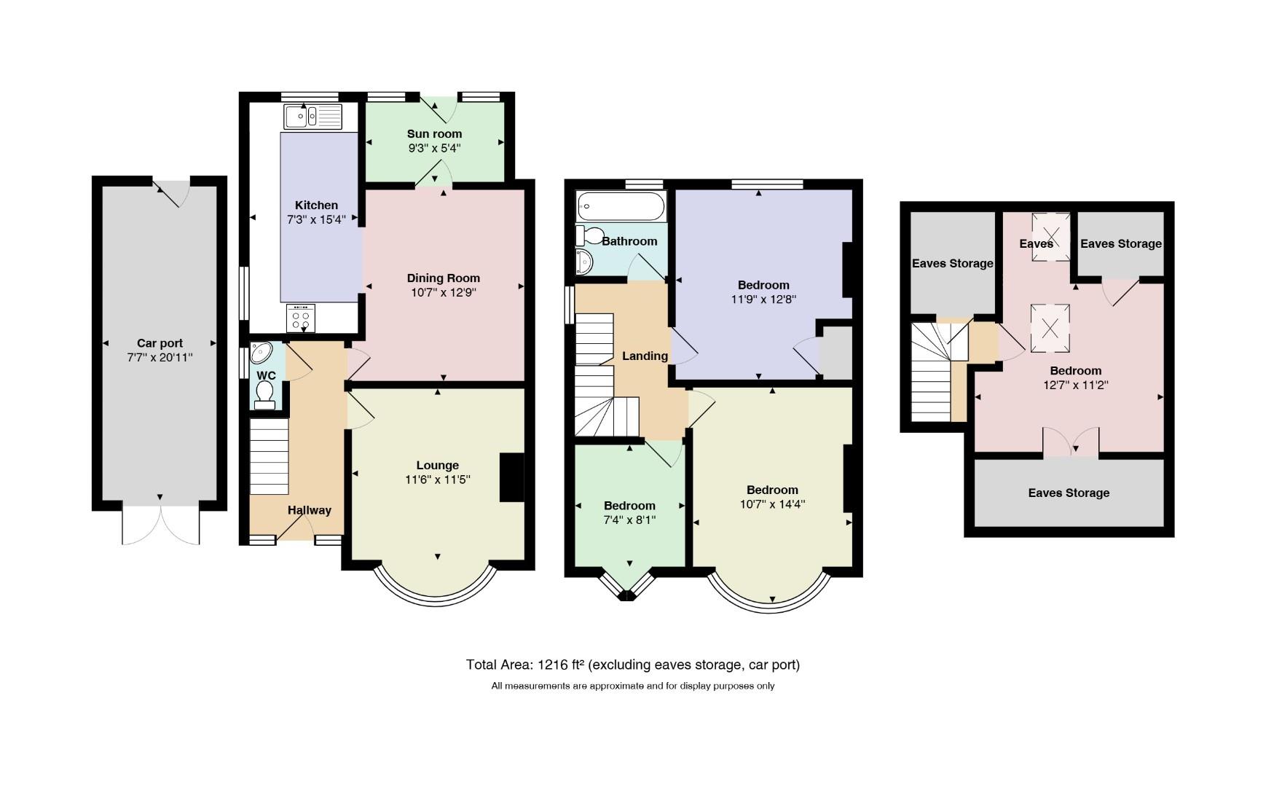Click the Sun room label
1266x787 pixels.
(434, 134)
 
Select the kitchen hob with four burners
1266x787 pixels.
(301, 318)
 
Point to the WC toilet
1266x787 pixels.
(265, 394)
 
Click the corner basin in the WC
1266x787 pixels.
(259, 353)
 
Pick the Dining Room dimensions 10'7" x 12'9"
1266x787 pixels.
(443, 293)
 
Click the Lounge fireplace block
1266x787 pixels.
(512, 477)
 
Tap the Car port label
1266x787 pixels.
(160, 343)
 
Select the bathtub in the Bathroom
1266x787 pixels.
(621, 207)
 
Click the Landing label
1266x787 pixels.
(645, 356)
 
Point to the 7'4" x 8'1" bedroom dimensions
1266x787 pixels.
(629, 520)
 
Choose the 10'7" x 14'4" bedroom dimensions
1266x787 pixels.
(772, 504)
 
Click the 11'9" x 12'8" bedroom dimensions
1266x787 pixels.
(763, 299)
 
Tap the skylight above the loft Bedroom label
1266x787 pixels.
(1050, 328)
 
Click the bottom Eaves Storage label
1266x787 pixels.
(1069, 493)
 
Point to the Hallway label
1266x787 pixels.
(309, 510)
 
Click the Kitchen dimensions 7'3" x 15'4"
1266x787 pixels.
(316, 219)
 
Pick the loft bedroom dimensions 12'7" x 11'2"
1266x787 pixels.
(1076, 385)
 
